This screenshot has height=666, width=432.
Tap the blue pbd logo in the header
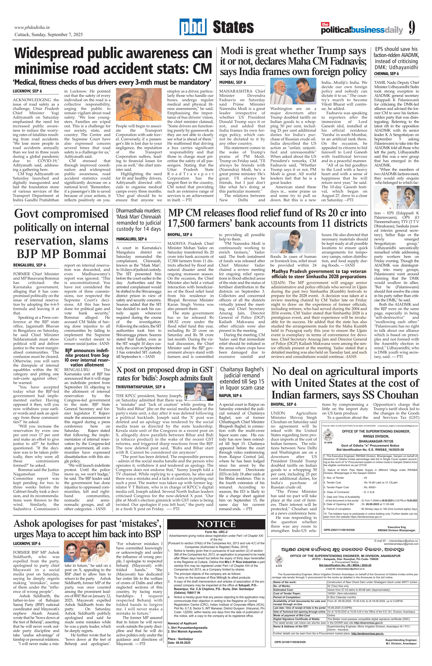click(193, 27)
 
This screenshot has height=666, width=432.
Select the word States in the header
click(233, 27)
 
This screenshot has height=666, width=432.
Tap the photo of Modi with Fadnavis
click(294, 91)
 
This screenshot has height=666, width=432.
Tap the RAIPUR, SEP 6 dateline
click(230, 395)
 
